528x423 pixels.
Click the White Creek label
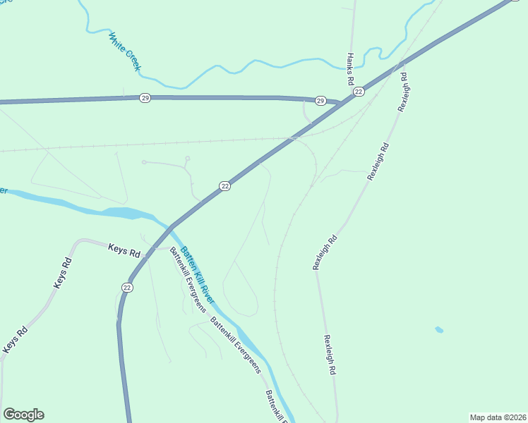[x=125, y=52]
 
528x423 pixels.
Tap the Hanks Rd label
[x=350, y=69]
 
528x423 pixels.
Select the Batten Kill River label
[x=196, y=271]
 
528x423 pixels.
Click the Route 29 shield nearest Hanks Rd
[x=320, y=101]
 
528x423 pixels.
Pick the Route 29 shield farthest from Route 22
[x=145, y=97]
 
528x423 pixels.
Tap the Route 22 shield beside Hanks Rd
[x=359, y=92]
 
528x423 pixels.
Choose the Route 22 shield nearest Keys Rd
[x=127, y=287]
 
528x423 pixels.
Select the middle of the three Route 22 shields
[x=224, y=186]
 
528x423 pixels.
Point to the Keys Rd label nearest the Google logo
[x=16, y=339]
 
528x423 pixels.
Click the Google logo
[x=23, y=415]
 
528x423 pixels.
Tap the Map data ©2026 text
[x=498, y=417]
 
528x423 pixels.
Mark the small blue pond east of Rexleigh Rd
[x=439, y=329]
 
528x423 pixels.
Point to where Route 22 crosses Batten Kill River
[x=172, y=227]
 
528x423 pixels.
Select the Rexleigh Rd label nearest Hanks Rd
[x=403, y=92]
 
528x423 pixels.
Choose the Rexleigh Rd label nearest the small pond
[x=328, y=354]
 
